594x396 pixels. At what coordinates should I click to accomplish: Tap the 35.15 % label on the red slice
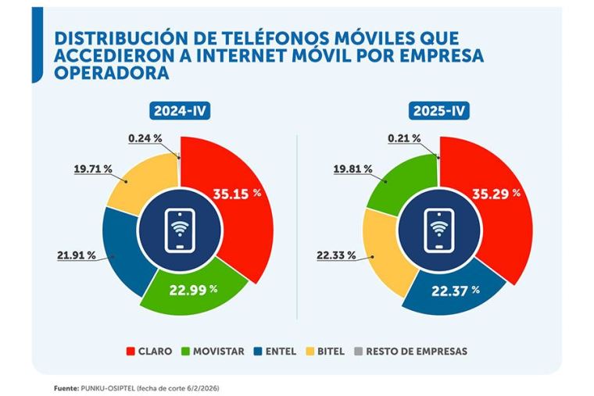point(237,194)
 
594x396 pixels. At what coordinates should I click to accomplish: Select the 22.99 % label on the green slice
point(193,291)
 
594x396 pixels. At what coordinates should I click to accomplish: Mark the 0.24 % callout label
point(145,138)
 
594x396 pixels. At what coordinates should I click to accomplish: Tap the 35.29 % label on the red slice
point(496,192)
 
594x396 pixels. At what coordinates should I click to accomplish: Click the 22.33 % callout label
point(335,255)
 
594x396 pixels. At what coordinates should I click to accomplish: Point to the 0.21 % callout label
point(404,138)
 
